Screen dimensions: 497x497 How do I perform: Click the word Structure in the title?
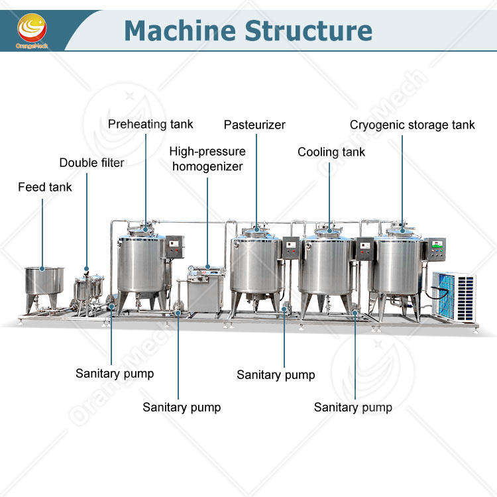pyautogui.click(x=308, y=30)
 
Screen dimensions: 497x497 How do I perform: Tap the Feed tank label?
pyautogui.click(x=45, y=187)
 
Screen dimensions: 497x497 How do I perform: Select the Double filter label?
pyautogui.click(x=91, y=162)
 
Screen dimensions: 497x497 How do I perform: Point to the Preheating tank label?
pyautogui.click(x=150, y=125)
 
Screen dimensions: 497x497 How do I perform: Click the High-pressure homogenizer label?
pyautogui.click(x=207, y=159)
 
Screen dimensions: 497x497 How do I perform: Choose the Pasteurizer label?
pyautogui.click(x=254, y=125)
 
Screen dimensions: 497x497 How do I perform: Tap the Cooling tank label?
pyautogui.click(x=331, y=152)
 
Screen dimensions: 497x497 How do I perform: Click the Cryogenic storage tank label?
pyautogui.click(x=412, y=125)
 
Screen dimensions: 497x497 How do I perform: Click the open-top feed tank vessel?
pyautogui.click(x=44, y=280)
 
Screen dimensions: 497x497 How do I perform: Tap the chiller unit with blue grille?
pyautogui.click(x=454, y=296)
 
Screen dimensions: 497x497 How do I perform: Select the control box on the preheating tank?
pyautogui.click(x=175, y=247)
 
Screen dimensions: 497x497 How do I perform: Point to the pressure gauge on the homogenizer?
pyautogui.click(x=191, y=269)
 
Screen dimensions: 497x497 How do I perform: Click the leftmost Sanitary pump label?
pyautogui.click(x=115, y=374)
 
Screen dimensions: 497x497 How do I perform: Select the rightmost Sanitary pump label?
pyautogui.click(x=353, y=408)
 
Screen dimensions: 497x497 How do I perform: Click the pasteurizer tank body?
pyautogui.click(x=256, y=264)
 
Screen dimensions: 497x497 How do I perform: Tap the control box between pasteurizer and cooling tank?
pyautogui.click(x=291, y=248)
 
